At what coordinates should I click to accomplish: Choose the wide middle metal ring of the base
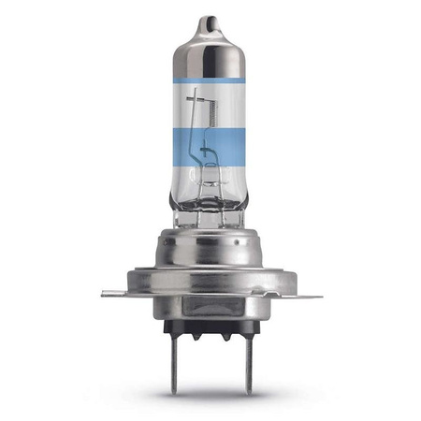tap(211, 269)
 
